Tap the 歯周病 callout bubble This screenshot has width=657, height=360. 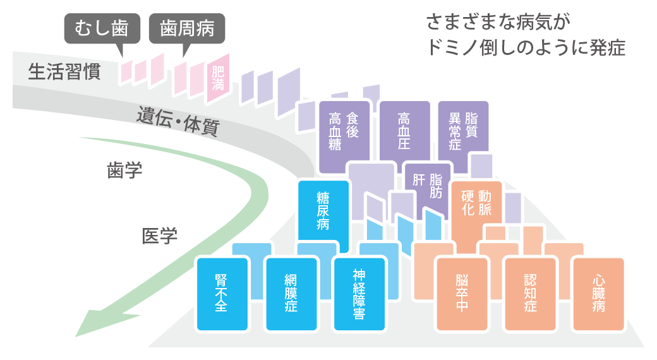coord(187,28)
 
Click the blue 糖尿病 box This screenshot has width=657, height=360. coord(323,212)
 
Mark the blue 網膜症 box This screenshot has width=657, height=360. coord(291,294)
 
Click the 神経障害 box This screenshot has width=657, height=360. coord(359,294)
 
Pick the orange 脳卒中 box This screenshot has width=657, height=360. coord(462,294)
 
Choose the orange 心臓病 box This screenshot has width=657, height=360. coord(598,294)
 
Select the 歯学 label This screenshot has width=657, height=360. coord(124,171)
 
